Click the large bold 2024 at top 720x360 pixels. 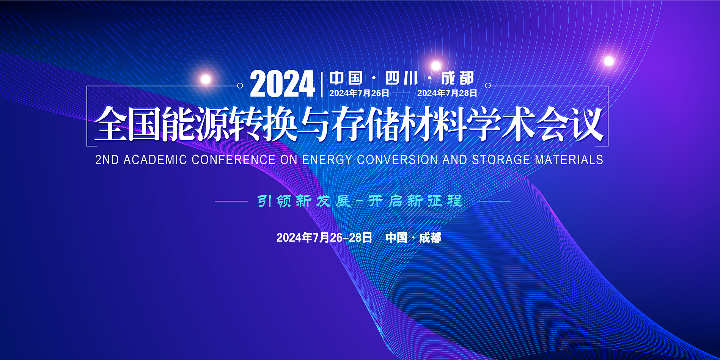pos(283,84)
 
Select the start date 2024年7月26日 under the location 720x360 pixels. pos(359,93)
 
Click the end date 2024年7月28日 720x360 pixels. pos(447,93)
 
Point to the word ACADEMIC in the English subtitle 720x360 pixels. pos(155,160)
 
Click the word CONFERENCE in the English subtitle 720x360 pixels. pos(234,160)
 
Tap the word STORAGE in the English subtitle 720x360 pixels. pos(501,160)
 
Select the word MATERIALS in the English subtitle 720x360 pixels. pos(569,160)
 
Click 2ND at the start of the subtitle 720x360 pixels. pos(107,160)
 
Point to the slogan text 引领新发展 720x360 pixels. pos(304,201)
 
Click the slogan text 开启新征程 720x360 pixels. pos(415,201)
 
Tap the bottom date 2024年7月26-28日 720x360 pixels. pos(324,237)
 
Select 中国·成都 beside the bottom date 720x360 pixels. pos(413,237)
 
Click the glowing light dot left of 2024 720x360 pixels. pos(206,79)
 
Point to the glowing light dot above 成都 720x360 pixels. pos(436,66)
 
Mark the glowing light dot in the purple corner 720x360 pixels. pos(609,61)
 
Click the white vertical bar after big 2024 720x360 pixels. pos(322,84)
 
